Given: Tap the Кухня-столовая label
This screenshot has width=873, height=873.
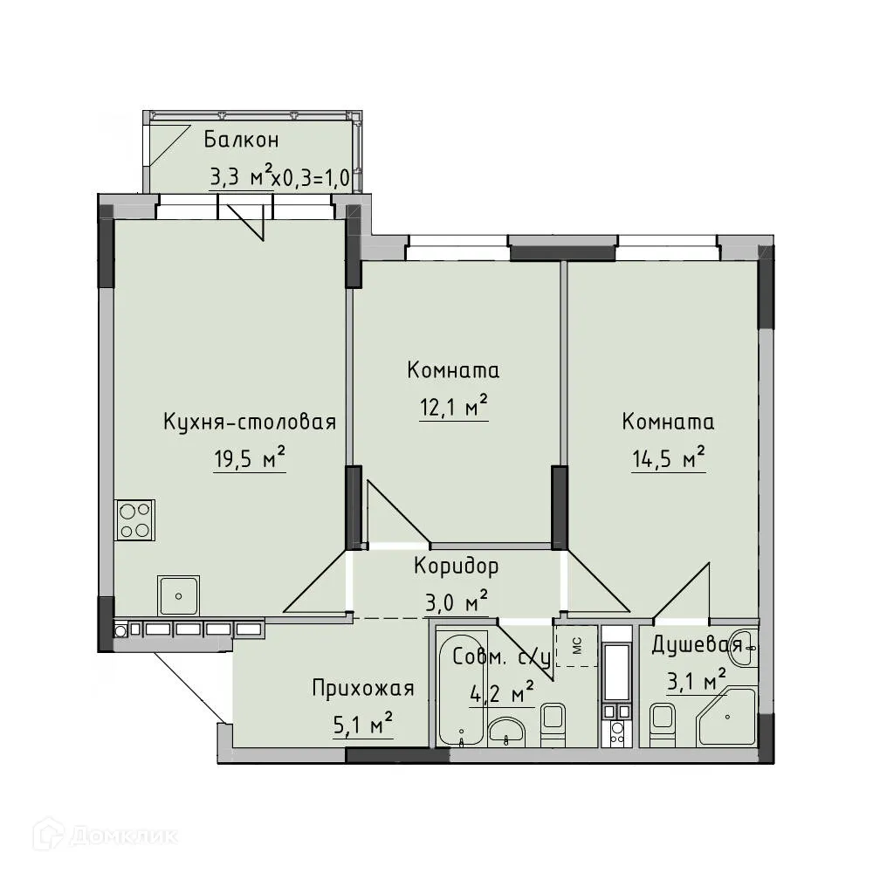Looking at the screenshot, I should coord(250,423).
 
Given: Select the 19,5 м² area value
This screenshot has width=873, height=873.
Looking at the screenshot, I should coord(250,459).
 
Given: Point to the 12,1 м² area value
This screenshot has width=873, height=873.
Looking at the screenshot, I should coord(453,408).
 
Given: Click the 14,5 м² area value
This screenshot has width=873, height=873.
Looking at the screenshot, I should coord(668,459).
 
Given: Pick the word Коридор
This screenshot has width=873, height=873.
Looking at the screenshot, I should coord(456,567).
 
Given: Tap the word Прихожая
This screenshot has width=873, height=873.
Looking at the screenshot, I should coord(362,689).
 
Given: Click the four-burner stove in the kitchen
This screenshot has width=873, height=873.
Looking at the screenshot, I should coord(134,520).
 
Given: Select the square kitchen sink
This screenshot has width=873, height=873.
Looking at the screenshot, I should coord(178,596).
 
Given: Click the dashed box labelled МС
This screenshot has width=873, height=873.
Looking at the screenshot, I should coord(576,646).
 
